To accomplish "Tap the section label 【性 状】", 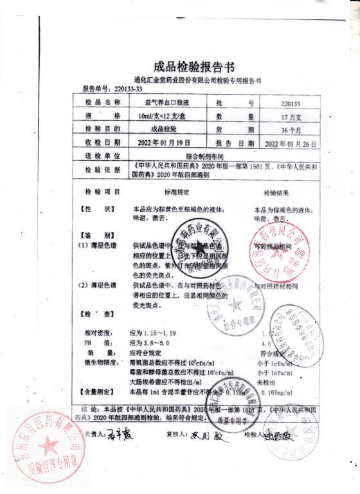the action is coord(96,209).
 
